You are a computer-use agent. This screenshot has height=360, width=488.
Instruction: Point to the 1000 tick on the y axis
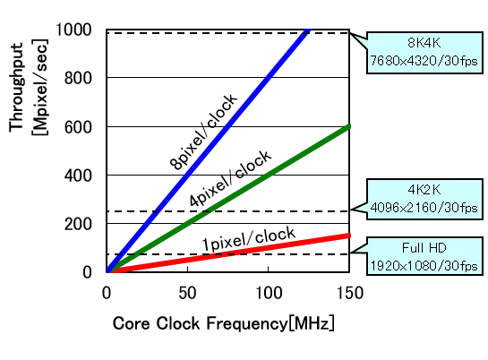73,30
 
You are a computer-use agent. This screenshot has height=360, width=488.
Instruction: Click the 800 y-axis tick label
78,78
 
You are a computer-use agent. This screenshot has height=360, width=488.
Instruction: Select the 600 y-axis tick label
78,127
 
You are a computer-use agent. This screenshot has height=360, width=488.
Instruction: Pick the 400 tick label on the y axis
78,176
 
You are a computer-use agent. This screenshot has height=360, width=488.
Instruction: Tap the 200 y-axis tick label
78,224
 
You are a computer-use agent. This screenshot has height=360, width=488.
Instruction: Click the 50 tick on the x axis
187,293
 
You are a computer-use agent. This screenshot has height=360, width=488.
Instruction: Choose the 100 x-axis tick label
269,293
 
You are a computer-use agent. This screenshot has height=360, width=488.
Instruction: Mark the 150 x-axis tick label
350,293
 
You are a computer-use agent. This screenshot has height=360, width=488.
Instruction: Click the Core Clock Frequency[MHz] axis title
224,323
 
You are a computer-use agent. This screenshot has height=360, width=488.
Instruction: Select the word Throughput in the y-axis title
16,88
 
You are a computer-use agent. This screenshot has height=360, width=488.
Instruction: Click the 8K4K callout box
424,53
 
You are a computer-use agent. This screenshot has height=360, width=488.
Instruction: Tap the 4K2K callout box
424,200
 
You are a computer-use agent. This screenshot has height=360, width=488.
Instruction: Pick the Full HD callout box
424,256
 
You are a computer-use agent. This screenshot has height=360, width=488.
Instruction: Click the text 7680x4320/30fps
424,61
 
